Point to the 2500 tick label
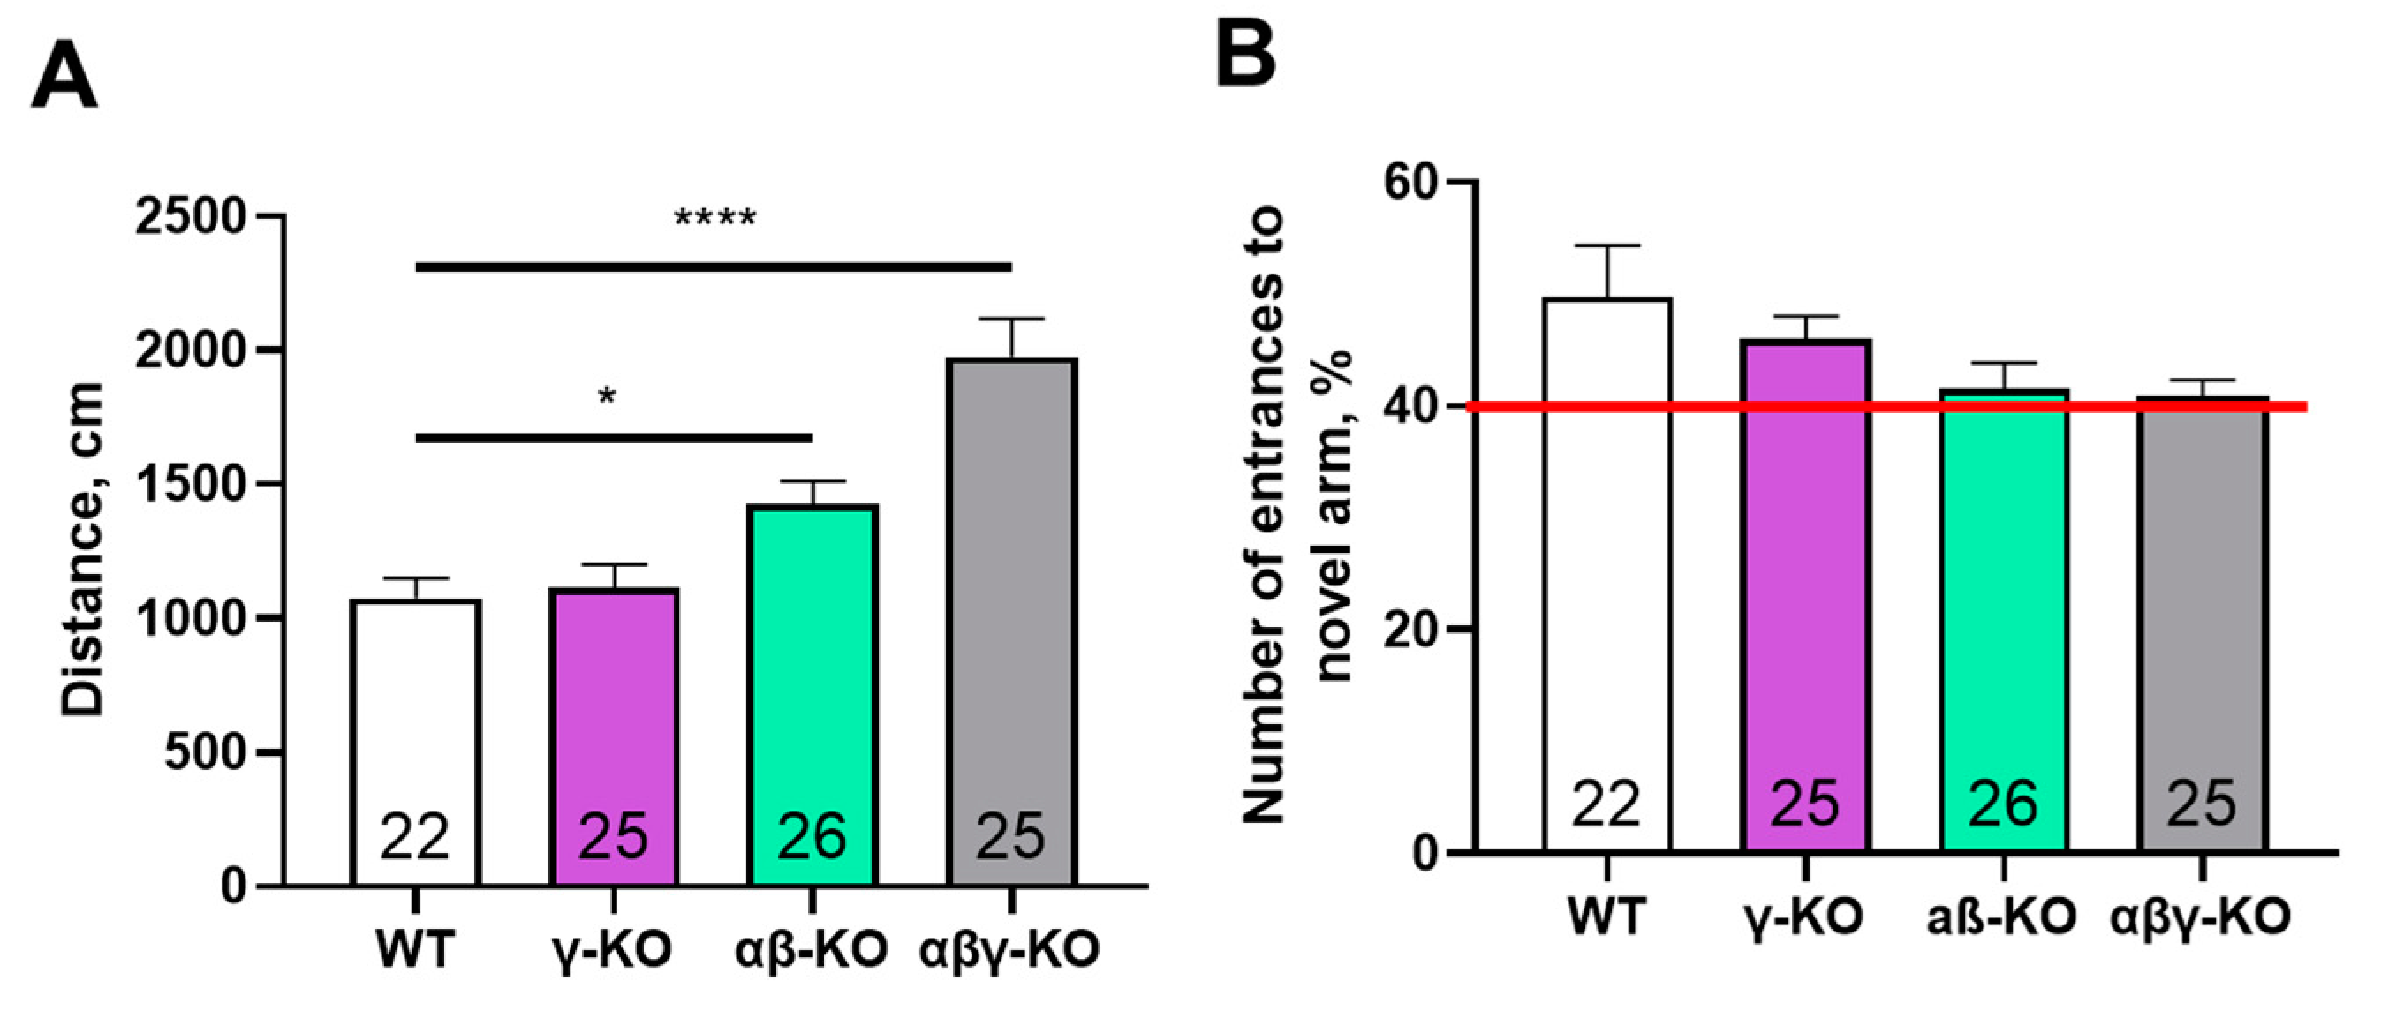pyautogui.click(x=192, y=218)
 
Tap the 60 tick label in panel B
pyautogui.click(x=1413, y=182)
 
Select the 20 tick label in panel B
pyautogui.click(x=1413, y=630)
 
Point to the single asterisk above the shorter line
pyautogui.click(x=607, y=398)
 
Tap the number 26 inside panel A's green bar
pyautogui.click(x=812, y=836)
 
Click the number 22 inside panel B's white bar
pyautogui.click(x=1606, y=804)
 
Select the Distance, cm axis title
pyautogui.click(x=82, y=549)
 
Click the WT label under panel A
pyautogui.click(x=415, y=949)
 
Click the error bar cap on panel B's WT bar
pyautogui.click(x=1607, y=245)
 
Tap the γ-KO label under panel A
pyautogui.click(x=613, y=949)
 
